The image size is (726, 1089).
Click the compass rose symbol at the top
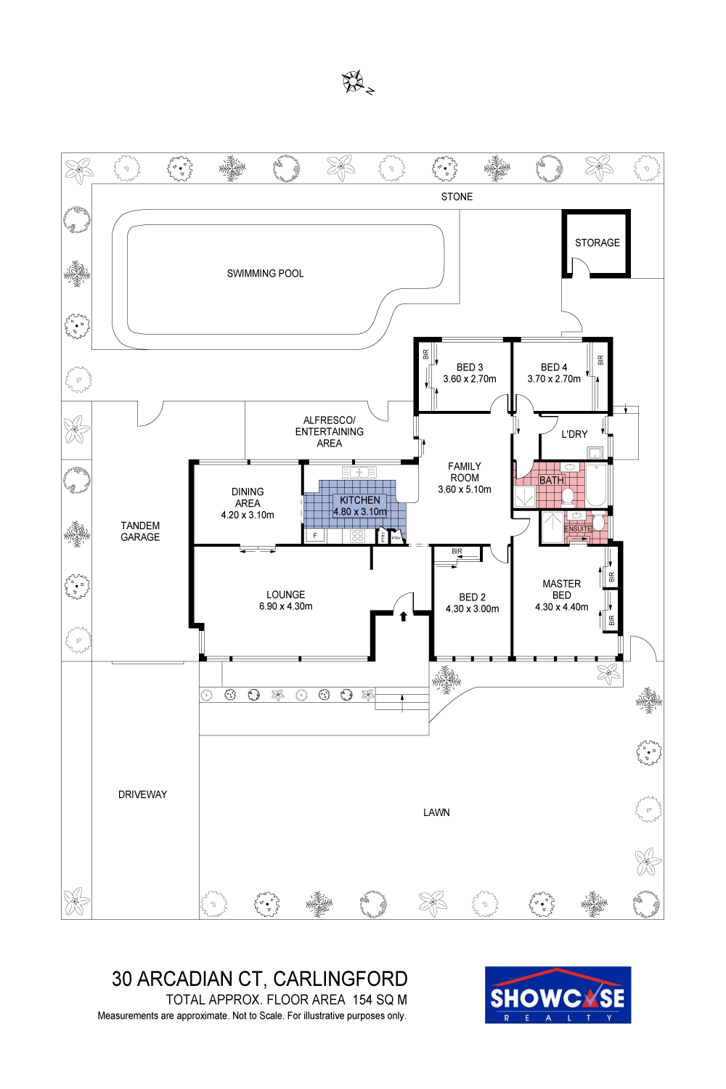[353, 81]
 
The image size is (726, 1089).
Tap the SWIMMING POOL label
[265, 274]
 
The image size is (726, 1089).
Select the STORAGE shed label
[597, 242]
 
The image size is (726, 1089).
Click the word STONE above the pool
[457, 197]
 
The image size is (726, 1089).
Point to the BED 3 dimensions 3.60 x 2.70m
[469, 379]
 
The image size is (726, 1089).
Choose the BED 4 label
[554, 367]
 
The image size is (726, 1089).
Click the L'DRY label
[574, 434]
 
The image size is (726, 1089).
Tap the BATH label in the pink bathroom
[552, 481]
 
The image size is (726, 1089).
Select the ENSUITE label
[578, 529]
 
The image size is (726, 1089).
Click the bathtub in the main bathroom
[596, 486]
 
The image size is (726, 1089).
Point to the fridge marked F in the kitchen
[315, 536]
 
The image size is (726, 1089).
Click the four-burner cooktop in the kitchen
[357, 537]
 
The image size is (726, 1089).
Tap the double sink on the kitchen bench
[359, 472]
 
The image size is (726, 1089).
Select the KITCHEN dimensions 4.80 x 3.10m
[360, 511]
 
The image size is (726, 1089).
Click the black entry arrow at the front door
[403, 616]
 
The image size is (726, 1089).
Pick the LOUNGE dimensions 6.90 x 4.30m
[285, 606]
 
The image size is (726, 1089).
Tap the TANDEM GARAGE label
[140, 531]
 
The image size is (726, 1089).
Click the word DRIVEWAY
[142, 794]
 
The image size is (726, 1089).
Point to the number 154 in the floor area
[363, 1000]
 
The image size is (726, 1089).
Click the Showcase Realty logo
[558, 995]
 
